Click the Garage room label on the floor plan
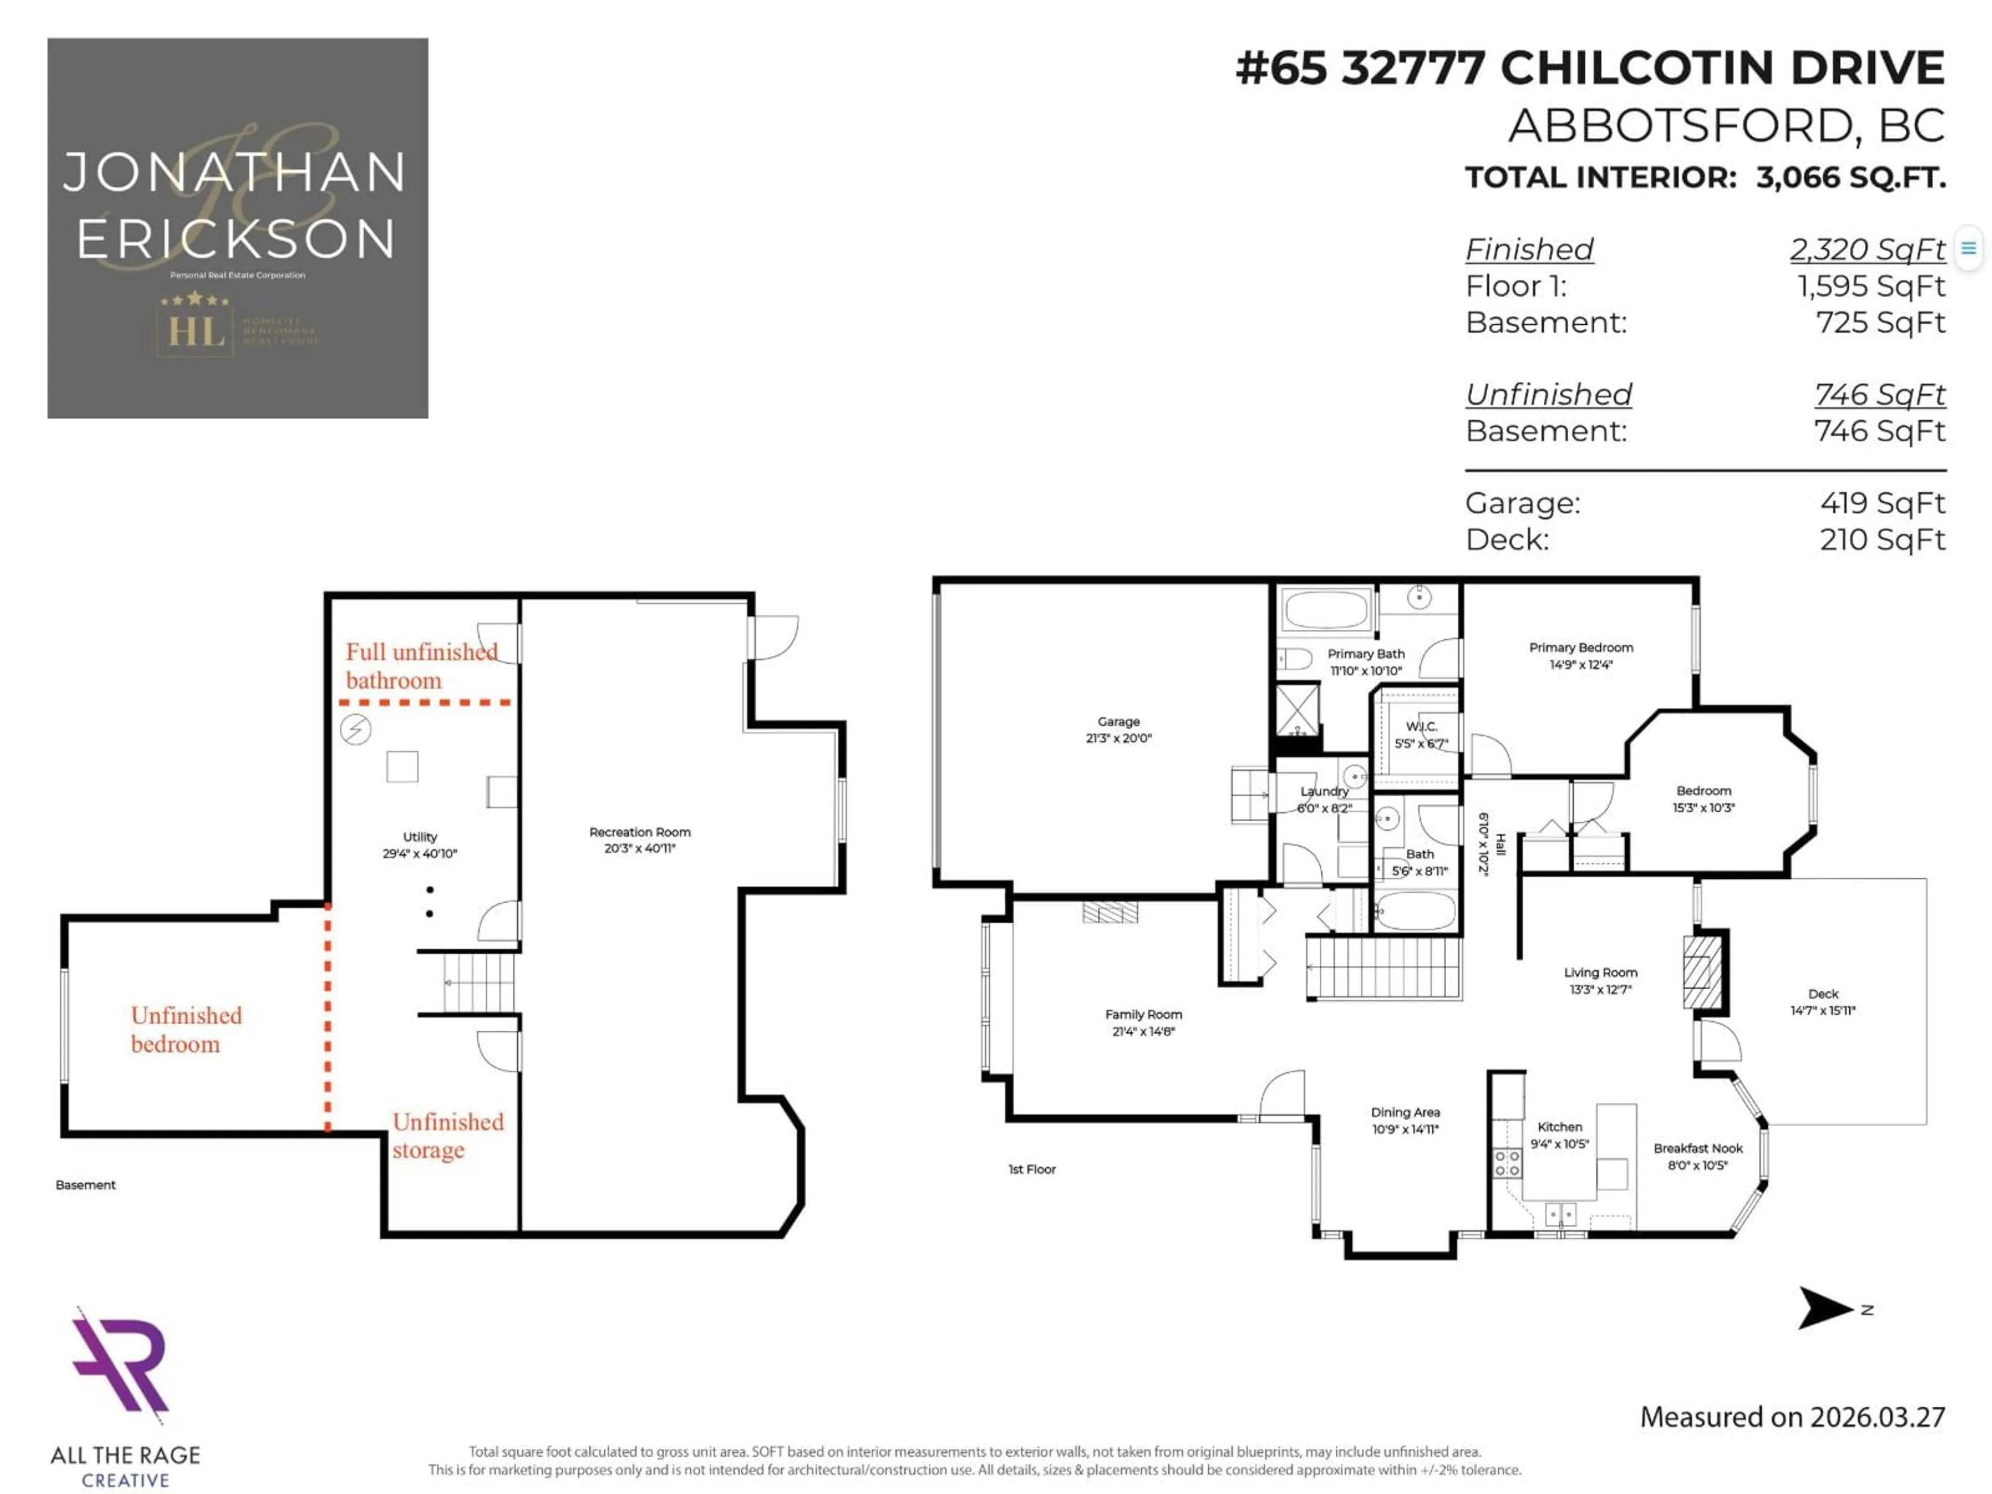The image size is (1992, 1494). click(x=1118, y=722)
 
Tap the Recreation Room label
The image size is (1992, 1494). click(x=640, y=832)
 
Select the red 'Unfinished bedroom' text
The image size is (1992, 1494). click(x=186, y=1029)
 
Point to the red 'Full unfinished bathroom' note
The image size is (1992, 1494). click(x=421, y=666)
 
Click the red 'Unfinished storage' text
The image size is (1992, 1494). click(x=448, y=1136)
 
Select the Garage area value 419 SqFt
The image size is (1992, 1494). click(x=1882, y=503)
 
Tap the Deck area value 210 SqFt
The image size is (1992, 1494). click(x=1882, y=539)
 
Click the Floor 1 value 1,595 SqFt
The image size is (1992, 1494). click(x=1871, y=286)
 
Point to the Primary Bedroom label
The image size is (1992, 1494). click(x=1581, y=647)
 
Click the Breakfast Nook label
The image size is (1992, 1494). click(x=1697, y=1148)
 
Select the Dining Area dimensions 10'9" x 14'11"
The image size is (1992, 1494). click(x=1405, y=1129)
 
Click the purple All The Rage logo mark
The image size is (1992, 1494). click(x=121, y=1363)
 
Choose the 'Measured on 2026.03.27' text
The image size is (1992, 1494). click(x=1792, y=1417)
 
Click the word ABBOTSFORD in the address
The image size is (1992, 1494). click(x=1680, y=125)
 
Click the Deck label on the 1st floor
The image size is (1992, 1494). click(x=1823, y=994)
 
